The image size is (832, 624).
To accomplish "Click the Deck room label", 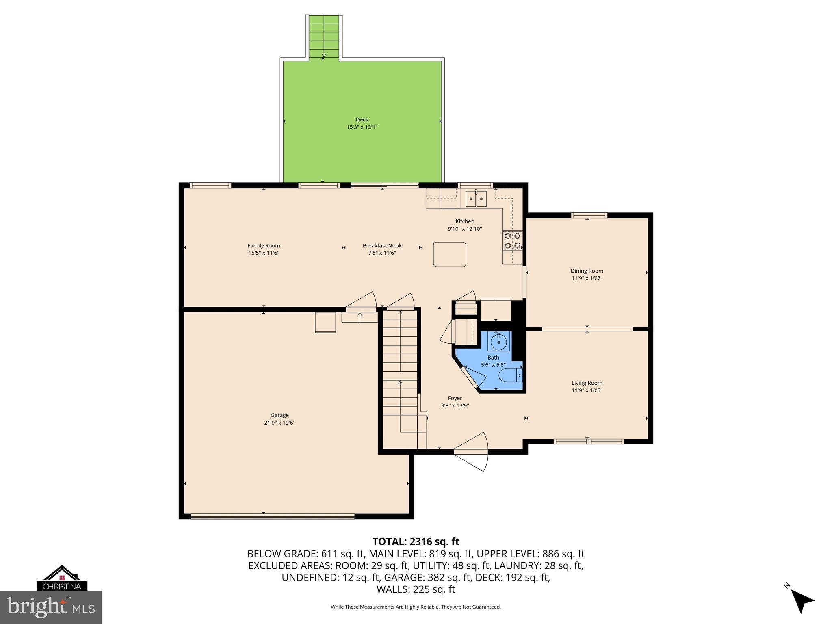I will pos(362,119).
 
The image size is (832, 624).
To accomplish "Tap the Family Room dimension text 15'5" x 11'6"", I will pos(264,253).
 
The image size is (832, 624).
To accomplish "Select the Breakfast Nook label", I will pos(382,245).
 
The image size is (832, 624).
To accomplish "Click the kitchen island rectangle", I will pos(449,254).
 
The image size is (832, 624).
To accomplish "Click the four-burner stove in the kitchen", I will pos(512,240).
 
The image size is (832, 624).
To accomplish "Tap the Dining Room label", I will pos(587,271).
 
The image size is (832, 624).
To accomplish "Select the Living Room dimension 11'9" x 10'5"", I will pos(587,390).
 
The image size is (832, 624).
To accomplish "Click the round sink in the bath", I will pos(498,341).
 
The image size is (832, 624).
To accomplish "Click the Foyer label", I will pos(455,398).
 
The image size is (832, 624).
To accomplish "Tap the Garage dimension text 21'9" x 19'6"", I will pos(279,422).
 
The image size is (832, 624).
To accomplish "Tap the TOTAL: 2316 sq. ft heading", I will pos(416,542).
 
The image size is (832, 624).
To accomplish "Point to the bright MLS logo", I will pos(51,607).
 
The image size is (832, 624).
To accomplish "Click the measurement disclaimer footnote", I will pos(416,607).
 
